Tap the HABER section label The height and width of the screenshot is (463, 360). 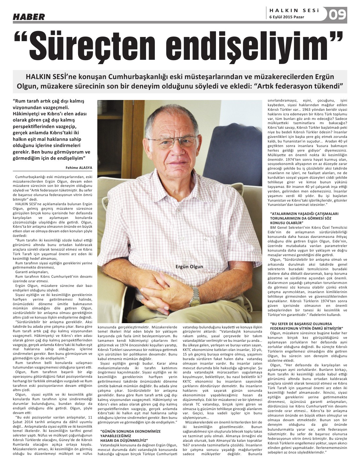(29, 17)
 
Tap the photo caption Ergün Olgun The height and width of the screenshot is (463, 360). (189, 267)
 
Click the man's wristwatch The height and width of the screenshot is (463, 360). (195, 296)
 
